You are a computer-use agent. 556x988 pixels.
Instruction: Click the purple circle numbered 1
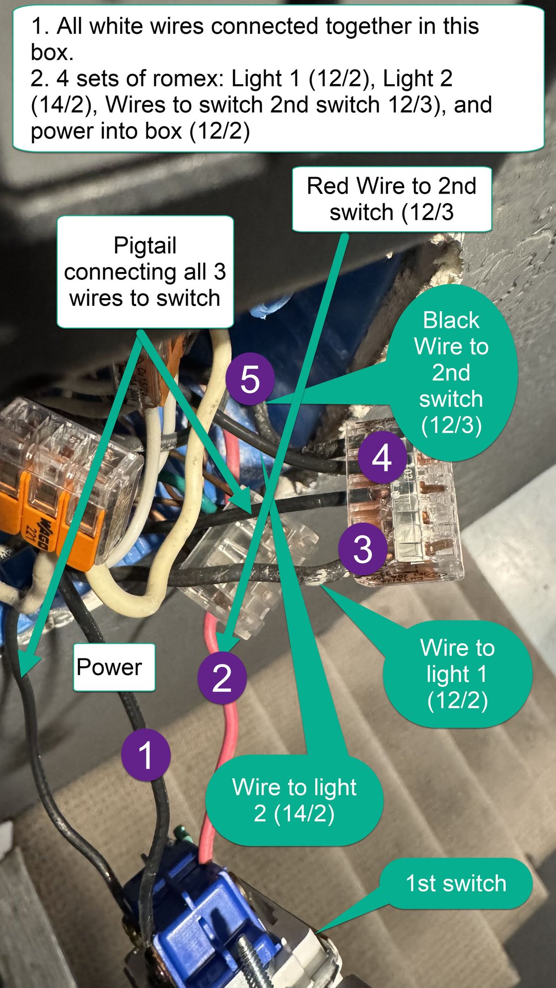pyautogui.click(x=145, y=755)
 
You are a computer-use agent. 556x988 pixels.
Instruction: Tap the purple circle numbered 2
pyautogui.click(x=222, y=678)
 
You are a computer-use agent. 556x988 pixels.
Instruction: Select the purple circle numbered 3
pyautogui.click(x=363, y=549)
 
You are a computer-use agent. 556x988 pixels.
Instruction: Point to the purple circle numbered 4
pyautogui.click(x=382, y=458)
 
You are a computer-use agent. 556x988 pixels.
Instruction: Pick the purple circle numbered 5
pyautogui.click(x=250, y=379)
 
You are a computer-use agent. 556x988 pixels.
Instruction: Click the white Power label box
pyautogui.click(x=114, y=667)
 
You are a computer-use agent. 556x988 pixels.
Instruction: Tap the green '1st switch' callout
pyautogui.click(x=456, y=884)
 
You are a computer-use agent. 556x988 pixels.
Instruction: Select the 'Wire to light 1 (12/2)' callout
pyautogui.click(x=457, y=673)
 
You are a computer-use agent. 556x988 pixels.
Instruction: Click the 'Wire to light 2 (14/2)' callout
pyautogui.click(x=294, y=800)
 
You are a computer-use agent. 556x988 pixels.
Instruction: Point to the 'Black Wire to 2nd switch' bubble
pyautogui.click(x=451, y=372)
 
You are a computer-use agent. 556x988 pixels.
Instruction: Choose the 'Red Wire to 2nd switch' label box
pyautogui.click(x=391, y=199)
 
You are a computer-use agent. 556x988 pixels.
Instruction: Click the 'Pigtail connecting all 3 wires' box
pyautogui.click(x=145, y=271)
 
